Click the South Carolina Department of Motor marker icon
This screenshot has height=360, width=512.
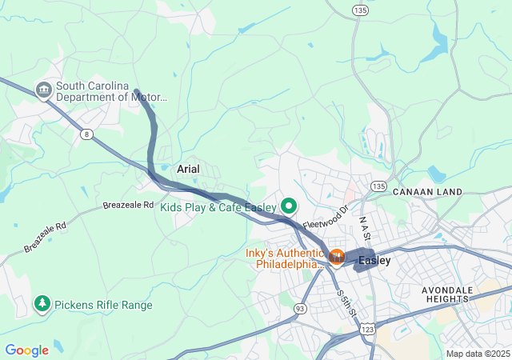point(44,90)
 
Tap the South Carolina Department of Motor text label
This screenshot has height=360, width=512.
point(111,91)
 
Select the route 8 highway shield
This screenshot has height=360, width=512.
point(86,134)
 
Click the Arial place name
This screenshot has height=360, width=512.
point(187,170)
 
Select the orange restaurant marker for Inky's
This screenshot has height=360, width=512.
point(337,257)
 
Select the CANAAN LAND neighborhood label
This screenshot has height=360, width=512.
point(427,192)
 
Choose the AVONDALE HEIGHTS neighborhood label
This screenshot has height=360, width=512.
point(458,294)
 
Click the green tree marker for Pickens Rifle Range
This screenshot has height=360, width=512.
point(41,304)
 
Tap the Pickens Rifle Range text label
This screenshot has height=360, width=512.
point(103,305)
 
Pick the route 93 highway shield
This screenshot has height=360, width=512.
point(300,308)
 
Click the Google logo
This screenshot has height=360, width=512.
point(26,350)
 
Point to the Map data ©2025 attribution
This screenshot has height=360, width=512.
point(477,354)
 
